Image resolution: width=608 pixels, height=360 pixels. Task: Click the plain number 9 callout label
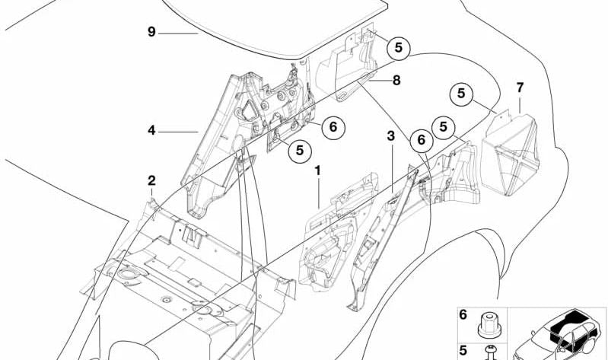151,32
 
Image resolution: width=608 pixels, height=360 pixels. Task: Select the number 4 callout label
151,130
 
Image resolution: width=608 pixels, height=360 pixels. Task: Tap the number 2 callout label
151,180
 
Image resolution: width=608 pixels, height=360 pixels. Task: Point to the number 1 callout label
317,170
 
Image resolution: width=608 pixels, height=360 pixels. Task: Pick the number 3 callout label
391,136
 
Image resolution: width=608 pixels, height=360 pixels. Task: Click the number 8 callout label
396,81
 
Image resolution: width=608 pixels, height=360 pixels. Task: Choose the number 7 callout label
520,88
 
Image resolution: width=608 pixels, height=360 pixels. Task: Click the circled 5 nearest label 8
399,48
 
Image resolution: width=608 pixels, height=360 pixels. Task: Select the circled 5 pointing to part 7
461,94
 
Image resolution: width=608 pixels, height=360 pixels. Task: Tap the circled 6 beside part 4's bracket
333,127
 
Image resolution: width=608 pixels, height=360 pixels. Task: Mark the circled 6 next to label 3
422,140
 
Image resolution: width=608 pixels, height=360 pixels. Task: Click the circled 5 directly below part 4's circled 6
300,151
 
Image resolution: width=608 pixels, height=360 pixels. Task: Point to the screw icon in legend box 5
491,352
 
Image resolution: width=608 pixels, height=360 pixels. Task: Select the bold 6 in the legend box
463,314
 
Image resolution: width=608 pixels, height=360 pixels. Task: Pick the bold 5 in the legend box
463,351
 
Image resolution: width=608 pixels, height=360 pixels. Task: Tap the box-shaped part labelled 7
511,154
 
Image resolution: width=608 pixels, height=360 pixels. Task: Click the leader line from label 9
178,33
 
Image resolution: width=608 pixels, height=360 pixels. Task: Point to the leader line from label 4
178,132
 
